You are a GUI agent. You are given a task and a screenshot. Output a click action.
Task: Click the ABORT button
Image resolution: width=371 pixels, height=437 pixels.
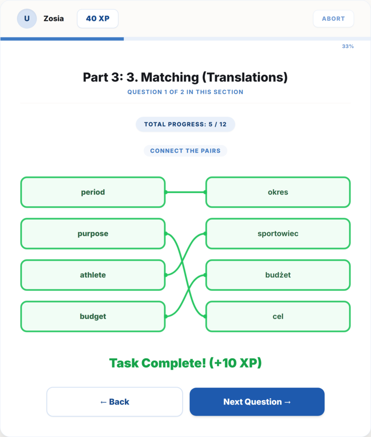[334, 18]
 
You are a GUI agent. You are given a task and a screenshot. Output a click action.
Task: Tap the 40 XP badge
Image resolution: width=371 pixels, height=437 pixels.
[98, 18]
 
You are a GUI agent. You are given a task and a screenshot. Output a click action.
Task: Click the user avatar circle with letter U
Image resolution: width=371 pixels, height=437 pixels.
[27, 18]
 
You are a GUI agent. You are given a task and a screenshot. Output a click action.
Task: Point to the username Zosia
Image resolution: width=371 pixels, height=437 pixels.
[53, 18]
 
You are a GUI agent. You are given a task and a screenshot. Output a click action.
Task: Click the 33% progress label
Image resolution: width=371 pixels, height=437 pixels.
[348, 46]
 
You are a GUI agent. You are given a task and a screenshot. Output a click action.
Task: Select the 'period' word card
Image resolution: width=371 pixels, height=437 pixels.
[93, 192]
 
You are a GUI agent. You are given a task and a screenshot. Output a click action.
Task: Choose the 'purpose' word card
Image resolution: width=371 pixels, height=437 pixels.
[93, 234]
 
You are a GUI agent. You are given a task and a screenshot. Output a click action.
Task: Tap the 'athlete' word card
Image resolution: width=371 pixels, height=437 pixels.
[93, 275]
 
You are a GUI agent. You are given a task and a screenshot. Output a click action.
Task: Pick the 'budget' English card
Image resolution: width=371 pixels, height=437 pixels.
[93, 316]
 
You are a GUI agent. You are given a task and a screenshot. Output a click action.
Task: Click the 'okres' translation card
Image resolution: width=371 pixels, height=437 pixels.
[278, 192]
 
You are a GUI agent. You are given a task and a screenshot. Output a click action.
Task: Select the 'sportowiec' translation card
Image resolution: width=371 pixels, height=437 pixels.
[278, 234]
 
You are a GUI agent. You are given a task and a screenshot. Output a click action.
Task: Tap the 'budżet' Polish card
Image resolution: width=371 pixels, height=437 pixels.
[278, 275]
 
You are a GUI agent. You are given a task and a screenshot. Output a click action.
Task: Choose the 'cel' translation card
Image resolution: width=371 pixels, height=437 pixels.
[278, 316]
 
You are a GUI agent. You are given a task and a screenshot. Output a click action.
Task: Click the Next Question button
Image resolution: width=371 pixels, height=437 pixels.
[257, 402]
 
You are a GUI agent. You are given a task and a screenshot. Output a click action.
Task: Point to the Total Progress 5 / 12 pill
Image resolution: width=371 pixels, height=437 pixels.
[185, 124]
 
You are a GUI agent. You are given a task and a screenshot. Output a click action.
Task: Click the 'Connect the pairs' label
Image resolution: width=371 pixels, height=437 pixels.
[185, 151]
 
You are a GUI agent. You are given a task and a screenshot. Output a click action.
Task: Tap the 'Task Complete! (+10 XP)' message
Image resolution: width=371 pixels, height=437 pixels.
[185, 363]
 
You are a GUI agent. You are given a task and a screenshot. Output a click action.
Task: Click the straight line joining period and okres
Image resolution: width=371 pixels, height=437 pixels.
[185, 192]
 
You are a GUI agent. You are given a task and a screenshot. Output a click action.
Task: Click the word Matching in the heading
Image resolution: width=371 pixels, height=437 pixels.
[170, 77]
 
